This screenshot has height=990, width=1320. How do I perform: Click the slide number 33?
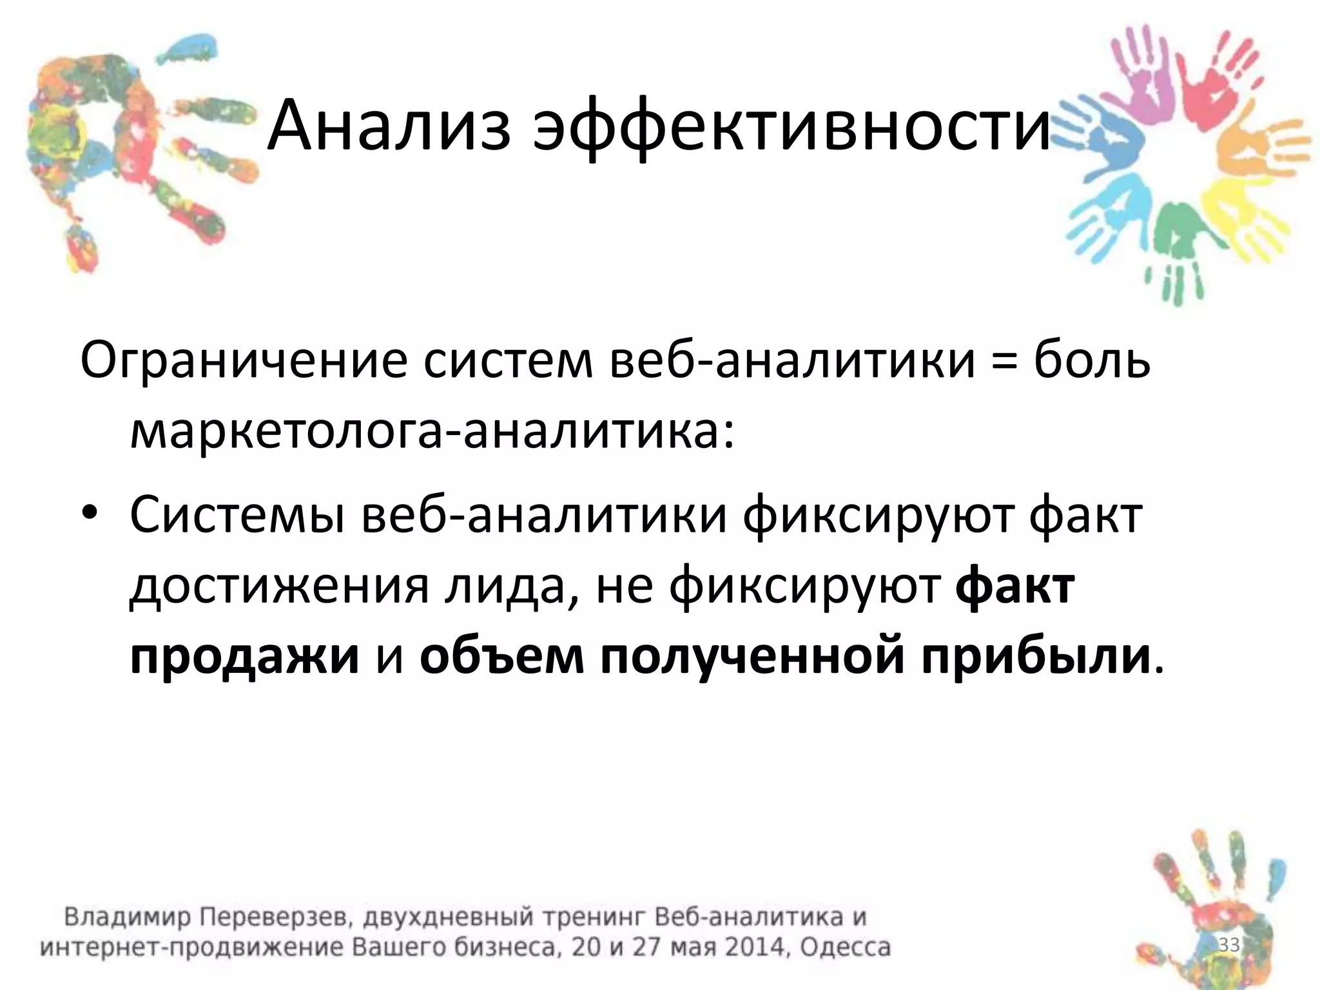click(x=1228, y=946)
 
